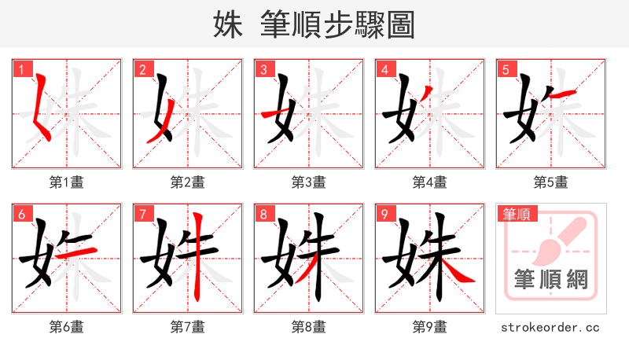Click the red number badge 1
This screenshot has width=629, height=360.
tap(20, 68)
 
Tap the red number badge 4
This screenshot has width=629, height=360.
tap(384, 68)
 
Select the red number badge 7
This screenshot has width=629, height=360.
tap(142, 213)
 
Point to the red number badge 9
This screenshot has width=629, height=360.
tap(384, 213)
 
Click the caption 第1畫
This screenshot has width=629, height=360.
tap(67, 182)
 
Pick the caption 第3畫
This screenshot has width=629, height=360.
tap(309, 182)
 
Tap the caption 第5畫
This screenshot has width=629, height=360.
tap(551, 182)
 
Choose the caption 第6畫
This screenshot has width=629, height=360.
tap(67, 327)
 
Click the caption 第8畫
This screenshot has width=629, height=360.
tap(309, 327)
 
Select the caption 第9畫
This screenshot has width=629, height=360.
tap(430, 327)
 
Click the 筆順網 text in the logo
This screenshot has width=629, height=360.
tap(550, 279)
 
